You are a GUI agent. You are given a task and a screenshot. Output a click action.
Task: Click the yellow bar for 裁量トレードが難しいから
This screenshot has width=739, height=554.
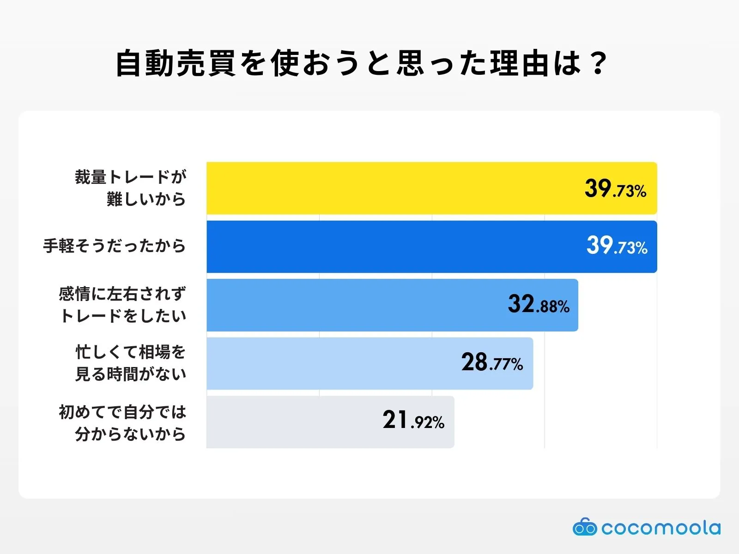pos(393,188)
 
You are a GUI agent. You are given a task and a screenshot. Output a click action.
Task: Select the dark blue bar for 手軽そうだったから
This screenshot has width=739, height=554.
pos(393,247)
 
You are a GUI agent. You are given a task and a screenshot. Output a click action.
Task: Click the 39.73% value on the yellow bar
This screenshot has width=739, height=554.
pos(615,189)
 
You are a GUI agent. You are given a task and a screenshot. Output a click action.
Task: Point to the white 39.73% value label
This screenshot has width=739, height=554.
pos(617,246)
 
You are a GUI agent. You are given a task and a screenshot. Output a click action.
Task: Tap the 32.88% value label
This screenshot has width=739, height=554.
pos(539,304)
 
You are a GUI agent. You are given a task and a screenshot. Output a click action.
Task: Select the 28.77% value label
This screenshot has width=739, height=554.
pos(492,362)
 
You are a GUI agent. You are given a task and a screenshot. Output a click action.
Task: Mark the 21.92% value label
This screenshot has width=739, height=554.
pos(413,421)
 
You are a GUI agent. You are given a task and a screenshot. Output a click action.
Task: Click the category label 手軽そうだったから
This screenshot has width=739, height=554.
pos(115,246)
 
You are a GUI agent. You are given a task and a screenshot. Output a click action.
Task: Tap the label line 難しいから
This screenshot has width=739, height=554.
pos(146,199)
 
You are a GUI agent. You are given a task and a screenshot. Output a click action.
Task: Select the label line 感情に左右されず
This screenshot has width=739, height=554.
pos(122,294)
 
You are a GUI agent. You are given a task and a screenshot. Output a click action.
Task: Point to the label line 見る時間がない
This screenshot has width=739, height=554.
pos(131,374)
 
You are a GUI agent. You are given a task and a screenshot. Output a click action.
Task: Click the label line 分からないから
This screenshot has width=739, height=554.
pos(131,434)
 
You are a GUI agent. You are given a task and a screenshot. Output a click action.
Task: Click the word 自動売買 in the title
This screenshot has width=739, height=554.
pos(176,63)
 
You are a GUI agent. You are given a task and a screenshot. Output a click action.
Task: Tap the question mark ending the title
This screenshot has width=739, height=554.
pos(599,63)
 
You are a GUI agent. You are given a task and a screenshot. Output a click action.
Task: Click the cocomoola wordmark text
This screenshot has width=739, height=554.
pos(660,528)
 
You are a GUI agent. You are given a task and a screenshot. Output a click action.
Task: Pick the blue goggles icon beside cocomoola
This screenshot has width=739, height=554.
pos(585,527)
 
